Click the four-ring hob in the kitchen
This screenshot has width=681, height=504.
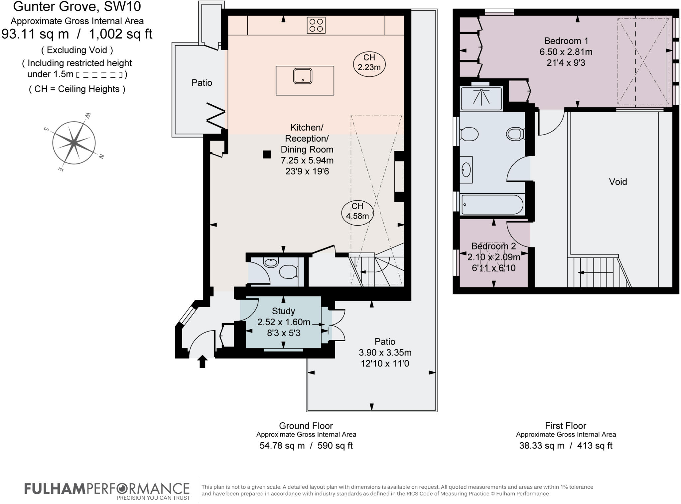316,25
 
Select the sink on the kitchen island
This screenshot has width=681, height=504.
303,76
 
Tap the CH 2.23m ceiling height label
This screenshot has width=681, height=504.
369,62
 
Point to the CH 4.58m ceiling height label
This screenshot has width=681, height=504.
357,211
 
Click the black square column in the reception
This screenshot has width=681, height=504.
267,154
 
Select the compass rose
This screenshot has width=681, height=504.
74,143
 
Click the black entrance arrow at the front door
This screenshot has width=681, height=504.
202,361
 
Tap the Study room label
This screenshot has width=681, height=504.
283,311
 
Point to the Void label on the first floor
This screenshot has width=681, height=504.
618,182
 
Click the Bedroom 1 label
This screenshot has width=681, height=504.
566,41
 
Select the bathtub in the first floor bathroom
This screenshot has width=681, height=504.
492,204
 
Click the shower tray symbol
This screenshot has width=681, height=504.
481,98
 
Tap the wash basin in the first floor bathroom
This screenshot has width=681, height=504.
467,170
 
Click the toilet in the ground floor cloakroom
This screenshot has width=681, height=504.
288,272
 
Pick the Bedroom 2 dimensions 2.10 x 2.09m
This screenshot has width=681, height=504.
493,257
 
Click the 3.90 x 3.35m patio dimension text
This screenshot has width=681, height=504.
385,353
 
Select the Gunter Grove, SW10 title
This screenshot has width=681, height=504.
77,7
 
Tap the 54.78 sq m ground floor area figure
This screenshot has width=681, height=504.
282,446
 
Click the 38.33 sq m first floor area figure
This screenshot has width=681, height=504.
542,446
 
